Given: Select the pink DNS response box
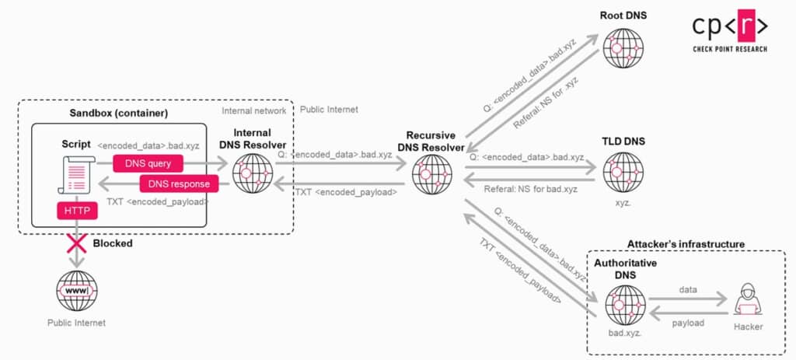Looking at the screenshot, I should click(x=179, y=184).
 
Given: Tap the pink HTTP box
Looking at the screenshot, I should click(x=76, y=210).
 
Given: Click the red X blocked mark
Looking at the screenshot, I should click(x=75, y=243).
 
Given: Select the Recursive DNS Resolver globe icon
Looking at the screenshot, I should click(x=430, y=173).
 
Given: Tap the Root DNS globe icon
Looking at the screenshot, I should click(x=623, y=48).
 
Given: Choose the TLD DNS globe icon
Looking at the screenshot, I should click(x=623, y=172).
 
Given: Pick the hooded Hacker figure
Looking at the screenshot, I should click(x=747, y=299).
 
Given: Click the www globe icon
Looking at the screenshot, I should click(x=76, y=292).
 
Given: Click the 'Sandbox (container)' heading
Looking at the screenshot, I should click(x=118, y=114).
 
